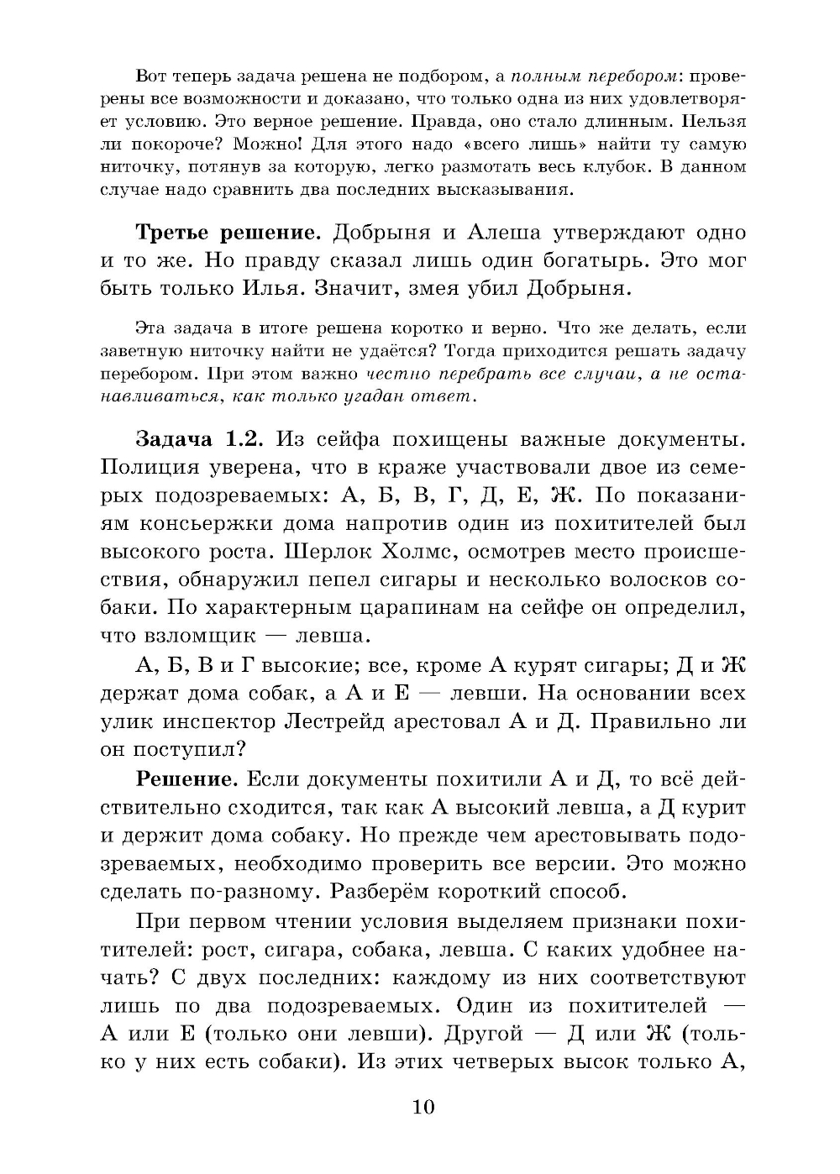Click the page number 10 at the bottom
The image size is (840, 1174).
423,1107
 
